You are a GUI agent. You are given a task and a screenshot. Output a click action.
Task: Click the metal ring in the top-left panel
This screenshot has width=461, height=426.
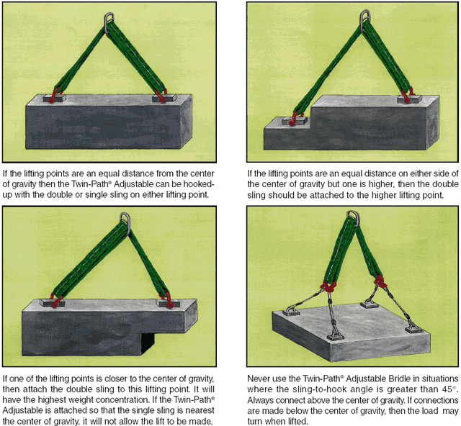pos(109,17)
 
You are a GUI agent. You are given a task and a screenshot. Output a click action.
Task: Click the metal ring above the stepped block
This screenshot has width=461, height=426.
pos(365,14)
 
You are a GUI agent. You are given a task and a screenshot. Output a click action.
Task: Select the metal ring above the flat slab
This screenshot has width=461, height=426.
pos(354,214)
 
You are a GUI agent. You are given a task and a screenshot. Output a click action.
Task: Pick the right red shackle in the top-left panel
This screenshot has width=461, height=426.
pos(161,96)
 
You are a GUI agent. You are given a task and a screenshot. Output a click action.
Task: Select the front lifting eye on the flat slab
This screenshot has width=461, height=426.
pos(336,335)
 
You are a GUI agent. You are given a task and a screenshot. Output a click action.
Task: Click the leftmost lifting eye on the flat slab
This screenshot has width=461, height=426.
pos(291,311)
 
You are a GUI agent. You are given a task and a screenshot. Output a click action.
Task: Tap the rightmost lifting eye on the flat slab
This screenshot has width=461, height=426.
pos(414,327)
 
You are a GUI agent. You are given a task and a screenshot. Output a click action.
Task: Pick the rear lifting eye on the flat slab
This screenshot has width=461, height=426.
pos(370,304)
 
